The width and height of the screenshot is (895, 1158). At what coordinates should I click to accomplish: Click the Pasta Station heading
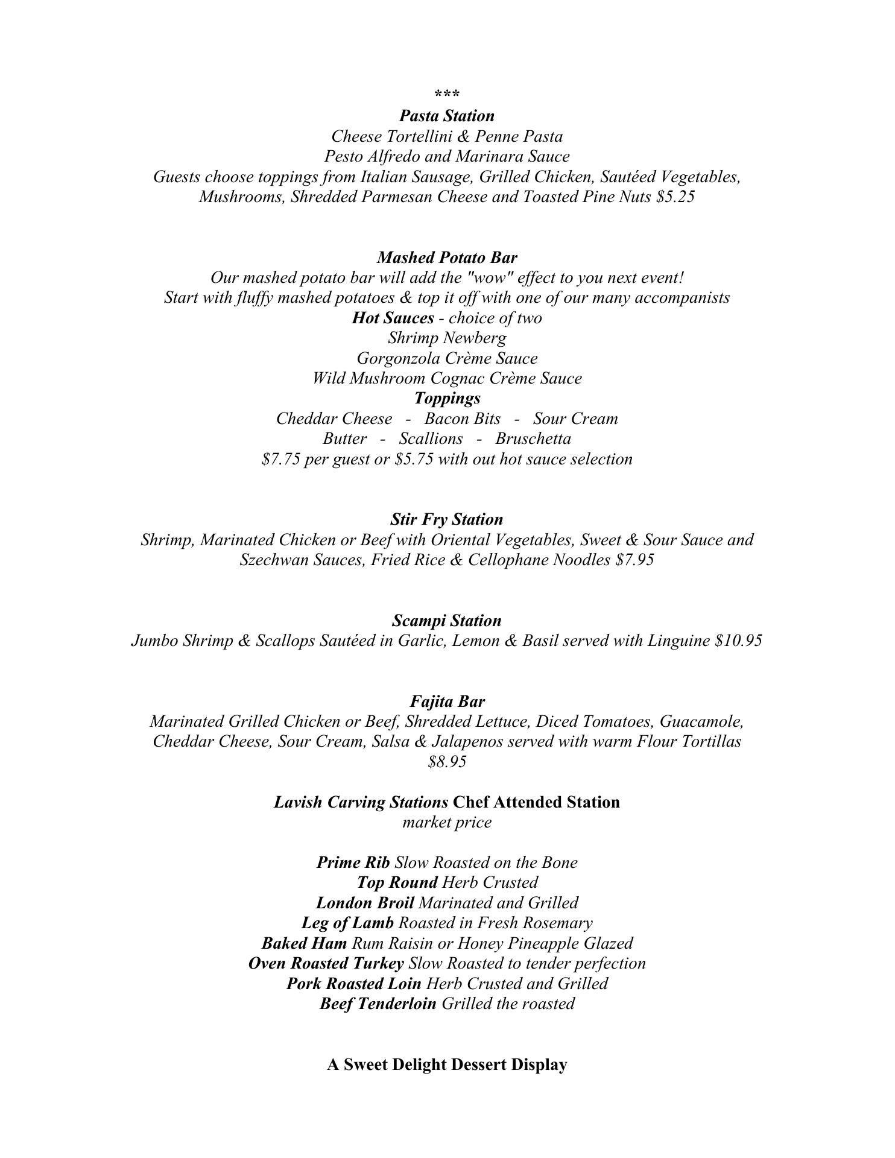[x=447, y=116]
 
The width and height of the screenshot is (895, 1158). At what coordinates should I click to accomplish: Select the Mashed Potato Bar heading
[x=447, y=258]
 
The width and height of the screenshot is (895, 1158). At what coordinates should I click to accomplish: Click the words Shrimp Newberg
[x=447, y=338]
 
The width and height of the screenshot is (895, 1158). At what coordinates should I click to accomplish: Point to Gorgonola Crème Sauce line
[x=447, y=358]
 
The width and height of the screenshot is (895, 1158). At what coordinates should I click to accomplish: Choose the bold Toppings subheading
[x=447, y=398]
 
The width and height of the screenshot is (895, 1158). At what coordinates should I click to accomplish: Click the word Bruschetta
[x=533, y=438]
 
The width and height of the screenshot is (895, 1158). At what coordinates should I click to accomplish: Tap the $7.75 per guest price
[x=281, y=460]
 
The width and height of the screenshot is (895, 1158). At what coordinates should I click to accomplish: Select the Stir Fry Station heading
[x=447, y=519]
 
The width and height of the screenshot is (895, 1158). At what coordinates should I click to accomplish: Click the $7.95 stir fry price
[x=634, y=560]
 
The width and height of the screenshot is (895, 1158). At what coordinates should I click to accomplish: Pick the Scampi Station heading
[x=447, y=621]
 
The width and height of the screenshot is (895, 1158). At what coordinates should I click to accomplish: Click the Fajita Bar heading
[x=447, y=701]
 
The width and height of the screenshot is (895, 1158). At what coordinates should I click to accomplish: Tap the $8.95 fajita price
[x=447, y=762]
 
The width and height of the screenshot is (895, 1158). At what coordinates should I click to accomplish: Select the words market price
[x=447, y=823]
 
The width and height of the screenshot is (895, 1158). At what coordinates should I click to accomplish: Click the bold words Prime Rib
[x=353, y=862]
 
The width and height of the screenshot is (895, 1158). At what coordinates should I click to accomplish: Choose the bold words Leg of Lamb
[x=347, y=923]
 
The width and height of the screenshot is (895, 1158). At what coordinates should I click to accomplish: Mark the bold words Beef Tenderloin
[x=378, y=1004]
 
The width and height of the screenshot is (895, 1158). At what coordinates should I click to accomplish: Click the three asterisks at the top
[x=447, y=95]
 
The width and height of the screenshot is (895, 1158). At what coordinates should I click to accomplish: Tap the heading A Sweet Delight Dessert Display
[x=447, y=1065]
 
